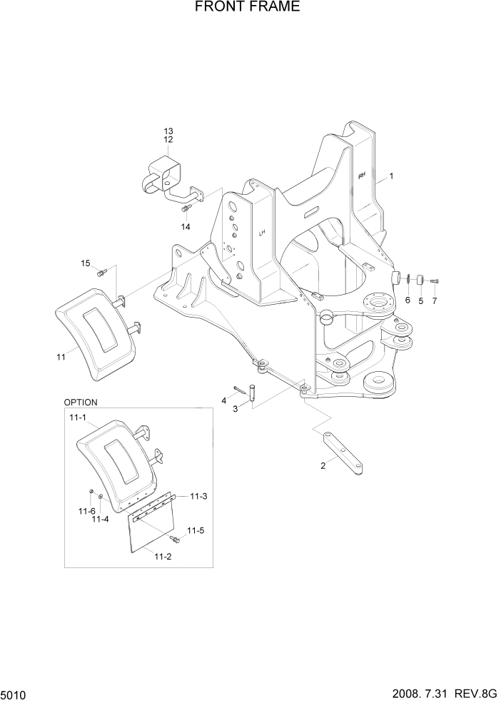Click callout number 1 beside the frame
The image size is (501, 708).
(x=391, y=176)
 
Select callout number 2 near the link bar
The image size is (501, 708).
(x=323, y=465)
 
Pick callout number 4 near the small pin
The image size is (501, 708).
(x=223, y=400)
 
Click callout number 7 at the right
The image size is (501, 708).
(x=435, y=300)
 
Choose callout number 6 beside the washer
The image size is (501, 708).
(x=408, y=300)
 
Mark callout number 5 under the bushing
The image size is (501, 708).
(x=421, y=300)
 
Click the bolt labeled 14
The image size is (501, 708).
(x=186, y=208)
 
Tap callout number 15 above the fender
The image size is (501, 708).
(x=86, y=263)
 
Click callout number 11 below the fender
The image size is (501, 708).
(x=61, y=355)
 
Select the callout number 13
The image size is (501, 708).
(x=168, y=131)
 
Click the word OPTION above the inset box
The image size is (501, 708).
(x=81, y=403)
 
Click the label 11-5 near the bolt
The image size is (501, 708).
(x=195, y=530)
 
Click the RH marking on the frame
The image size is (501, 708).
(x=362, y=175)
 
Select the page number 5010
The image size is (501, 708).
(x=14, y=694)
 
